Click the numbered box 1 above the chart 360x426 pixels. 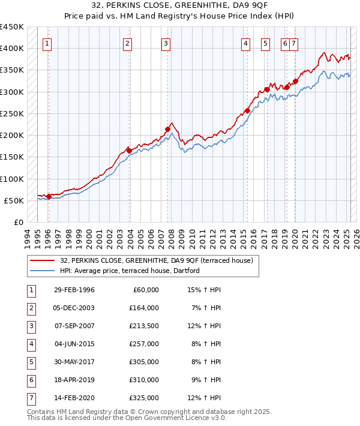click(x=47, y=43)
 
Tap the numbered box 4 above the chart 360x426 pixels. click(x=246, y=43)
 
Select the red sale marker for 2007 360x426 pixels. click(x=167, y=129)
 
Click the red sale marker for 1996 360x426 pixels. click(x=49, y=196)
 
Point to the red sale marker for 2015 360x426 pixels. click(x=247, y=110)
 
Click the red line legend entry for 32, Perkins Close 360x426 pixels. click(x=157, y=260)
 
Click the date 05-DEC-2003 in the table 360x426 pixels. click(x=74, y=308)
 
